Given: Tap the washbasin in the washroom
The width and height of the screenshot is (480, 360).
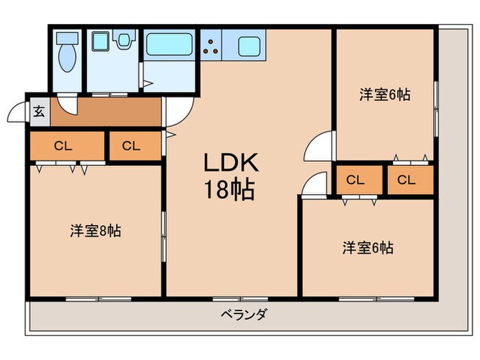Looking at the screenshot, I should tap(124, 40).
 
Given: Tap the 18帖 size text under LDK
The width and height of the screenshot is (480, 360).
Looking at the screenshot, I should tap(229, 190).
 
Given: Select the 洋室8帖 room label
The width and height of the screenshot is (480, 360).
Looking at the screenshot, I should tap(95, 231).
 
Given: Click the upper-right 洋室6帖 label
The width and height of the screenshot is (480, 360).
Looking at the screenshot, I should tap(385, 95).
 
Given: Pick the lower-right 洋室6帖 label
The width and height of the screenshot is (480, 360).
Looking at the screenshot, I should tap(368, 248).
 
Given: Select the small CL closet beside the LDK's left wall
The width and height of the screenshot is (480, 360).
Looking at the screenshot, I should tap(132, 145).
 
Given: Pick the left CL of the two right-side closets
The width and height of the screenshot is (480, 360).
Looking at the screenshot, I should tap(355, 180).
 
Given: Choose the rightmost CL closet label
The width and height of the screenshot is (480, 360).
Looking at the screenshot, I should tap(407, 180).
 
